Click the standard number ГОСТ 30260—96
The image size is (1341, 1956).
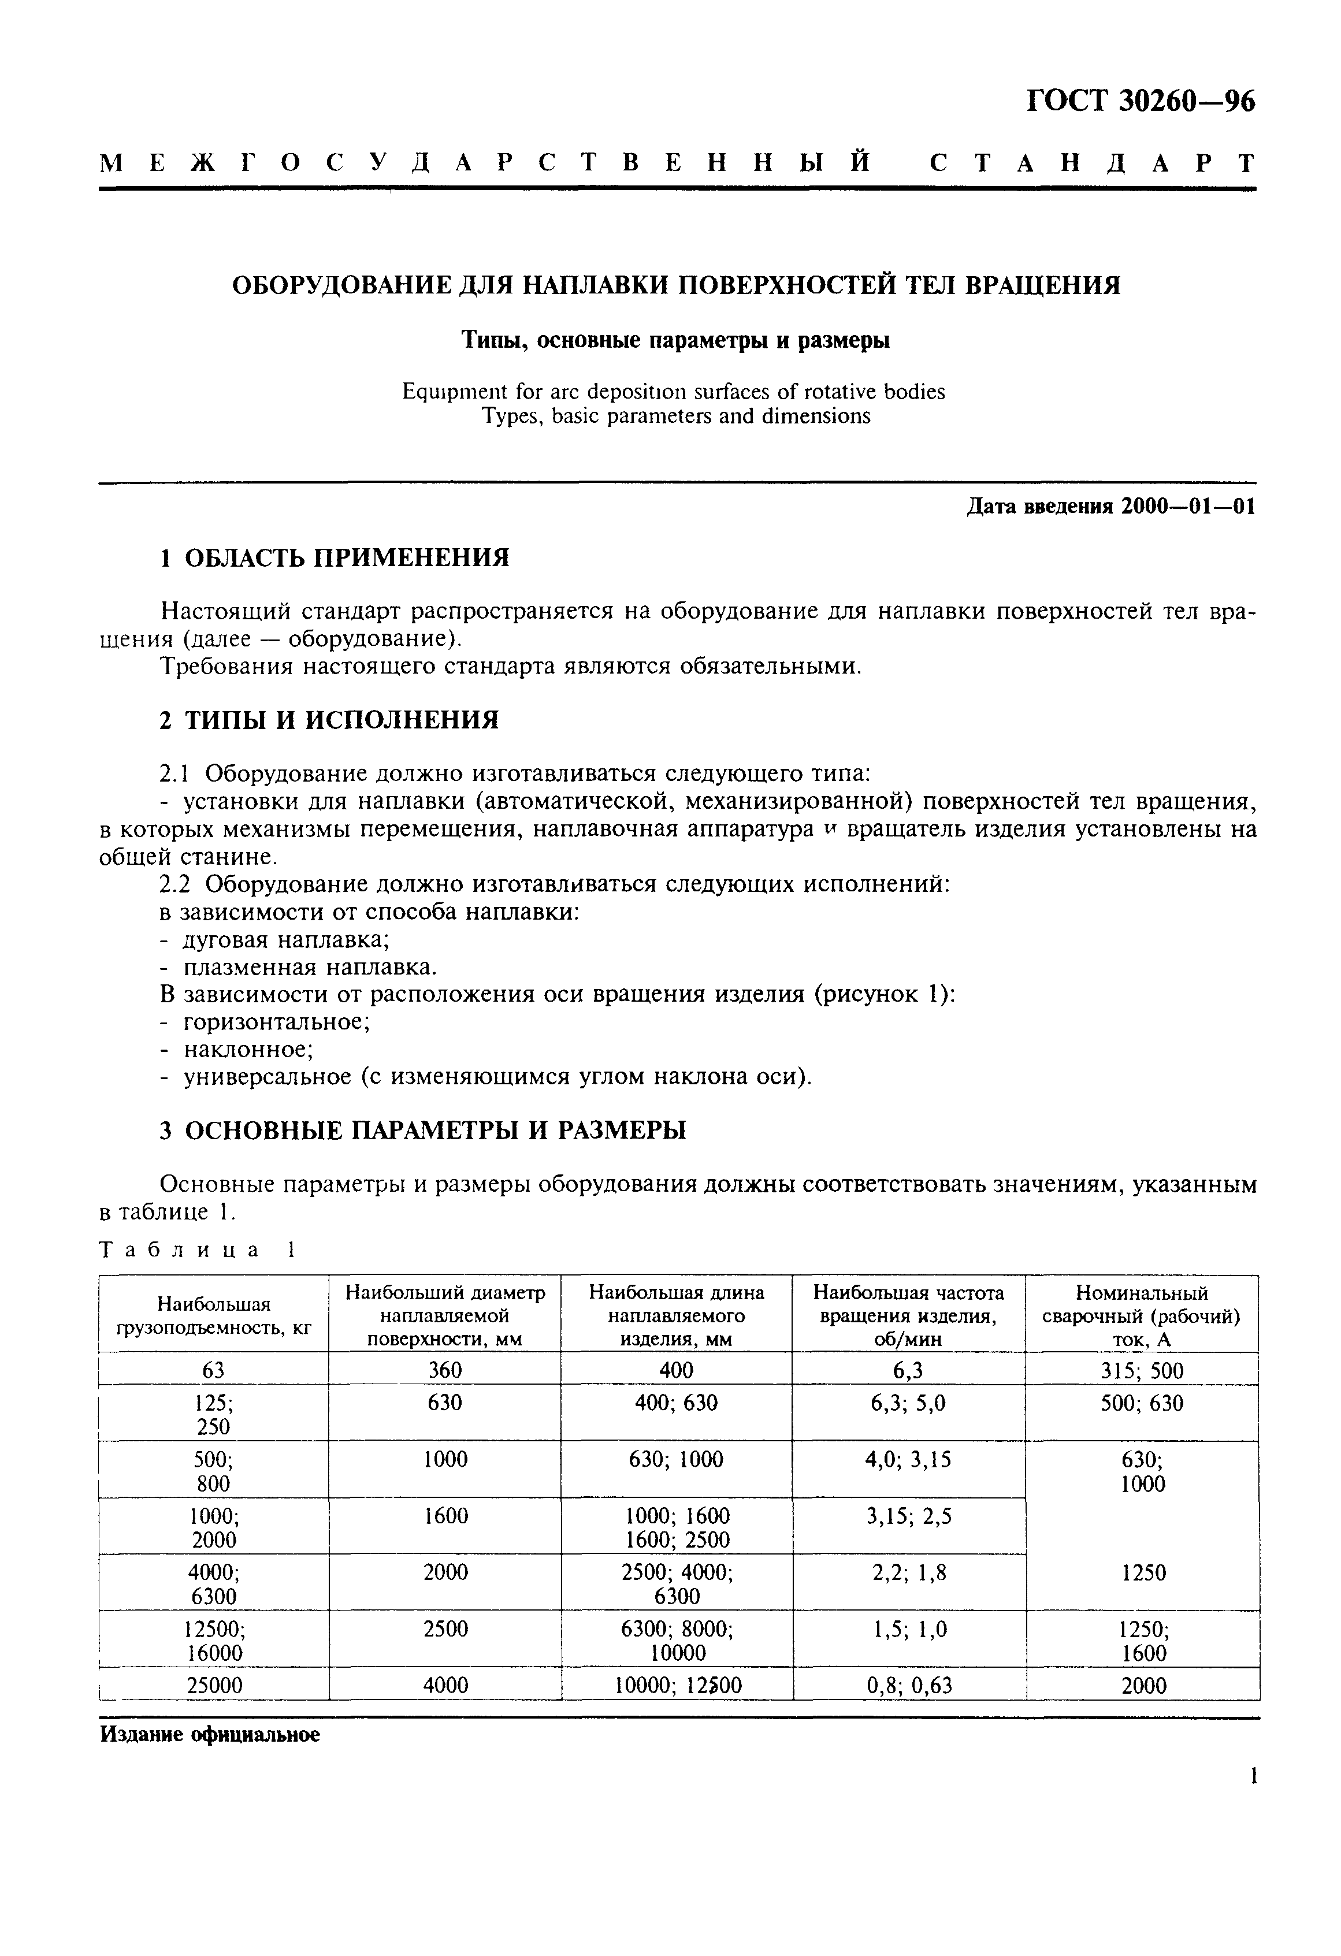click(x=1140, y=102)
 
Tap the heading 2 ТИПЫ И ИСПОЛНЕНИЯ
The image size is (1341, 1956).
click(x=329, y=720)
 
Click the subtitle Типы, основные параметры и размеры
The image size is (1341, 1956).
click(x=676, y=340)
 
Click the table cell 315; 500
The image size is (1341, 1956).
click(x=1142, y=1371)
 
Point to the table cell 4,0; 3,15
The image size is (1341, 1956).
click(x=908, y=1459)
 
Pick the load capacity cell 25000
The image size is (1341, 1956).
click(x=214, y=1685)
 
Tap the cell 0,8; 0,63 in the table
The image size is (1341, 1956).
click(x=908, y=1685)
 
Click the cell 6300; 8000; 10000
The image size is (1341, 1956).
click(x=677, y=1641)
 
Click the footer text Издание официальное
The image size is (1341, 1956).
click(x=210, y=1735)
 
